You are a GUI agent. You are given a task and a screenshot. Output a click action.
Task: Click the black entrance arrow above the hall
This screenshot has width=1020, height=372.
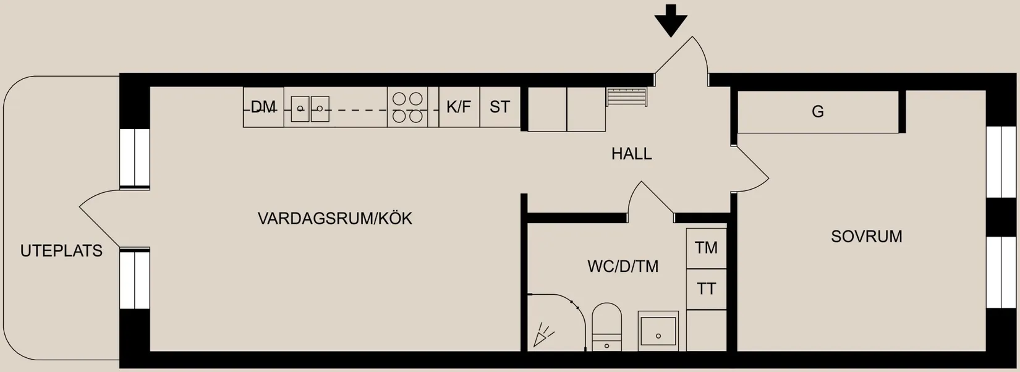tap(671, 20)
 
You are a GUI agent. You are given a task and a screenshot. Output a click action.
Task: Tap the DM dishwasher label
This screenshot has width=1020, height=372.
tap(263, 107)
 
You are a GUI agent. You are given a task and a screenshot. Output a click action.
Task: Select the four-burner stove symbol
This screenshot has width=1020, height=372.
tap(407, 107)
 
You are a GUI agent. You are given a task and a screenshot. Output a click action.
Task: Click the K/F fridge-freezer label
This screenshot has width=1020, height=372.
tap(459, 107)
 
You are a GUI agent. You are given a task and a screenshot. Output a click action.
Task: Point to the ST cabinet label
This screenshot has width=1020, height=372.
tap(499, 107)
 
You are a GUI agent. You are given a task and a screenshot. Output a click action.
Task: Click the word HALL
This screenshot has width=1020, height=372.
tap(631, 153)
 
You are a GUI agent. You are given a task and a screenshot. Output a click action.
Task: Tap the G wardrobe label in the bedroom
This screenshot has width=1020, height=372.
tap(817, 112)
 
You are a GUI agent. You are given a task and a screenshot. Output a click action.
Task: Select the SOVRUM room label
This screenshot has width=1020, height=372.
tap(866, 236)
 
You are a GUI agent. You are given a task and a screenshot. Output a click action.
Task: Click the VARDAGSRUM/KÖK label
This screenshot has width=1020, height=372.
tap(334, 218)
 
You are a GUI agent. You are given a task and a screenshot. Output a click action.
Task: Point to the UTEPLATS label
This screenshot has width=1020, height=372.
tap(61, 250)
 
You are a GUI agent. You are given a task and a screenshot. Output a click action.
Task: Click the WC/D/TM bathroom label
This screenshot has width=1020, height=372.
tap(623, 266)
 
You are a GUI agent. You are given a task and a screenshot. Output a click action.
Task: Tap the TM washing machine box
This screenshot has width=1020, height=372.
tap(706, 248)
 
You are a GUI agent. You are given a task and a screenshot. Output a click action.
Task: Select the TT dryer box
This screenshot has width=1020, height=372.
tap(706, 289)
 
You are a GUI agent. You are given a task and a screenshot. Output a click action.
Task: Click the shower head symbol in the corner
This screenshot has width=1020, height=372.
tap(543, 335)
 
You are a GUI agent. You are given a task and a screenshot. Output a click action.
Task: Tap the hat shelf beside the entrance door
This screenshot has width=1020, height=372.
tap(626, 97)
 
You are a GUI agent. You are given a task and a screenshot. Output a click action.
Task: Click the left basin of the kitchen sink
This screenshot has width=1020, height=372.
tap(300, 109)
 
